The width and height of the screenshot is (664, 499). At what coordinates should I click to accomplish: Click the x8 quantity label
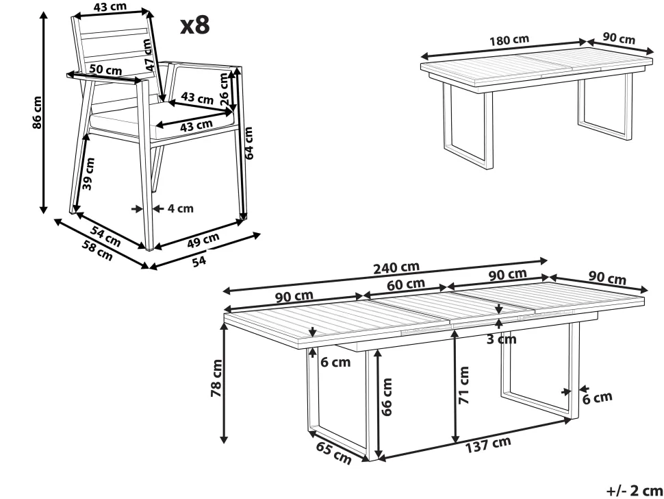[x=194, y=25]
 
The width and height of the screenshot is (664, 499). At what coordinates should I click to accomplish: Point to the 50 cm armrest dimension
[x=105, y=70]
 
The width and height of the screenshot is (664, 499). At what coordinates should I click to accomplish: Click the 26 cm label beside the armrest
[x=225, y=88]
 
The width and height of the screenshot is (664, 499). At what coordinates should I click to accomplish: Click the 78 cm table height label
[x=217, y=378]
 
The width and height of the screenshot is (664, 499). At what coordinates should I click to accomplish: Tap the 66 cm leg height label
[x=387, y=397]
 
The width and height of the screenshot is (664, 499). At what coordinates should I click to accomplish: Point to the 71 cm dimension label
[x=465, y=385]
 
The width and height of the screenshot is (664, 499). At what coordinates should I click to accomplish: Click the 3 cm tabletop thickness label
[x=502, y=339]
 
